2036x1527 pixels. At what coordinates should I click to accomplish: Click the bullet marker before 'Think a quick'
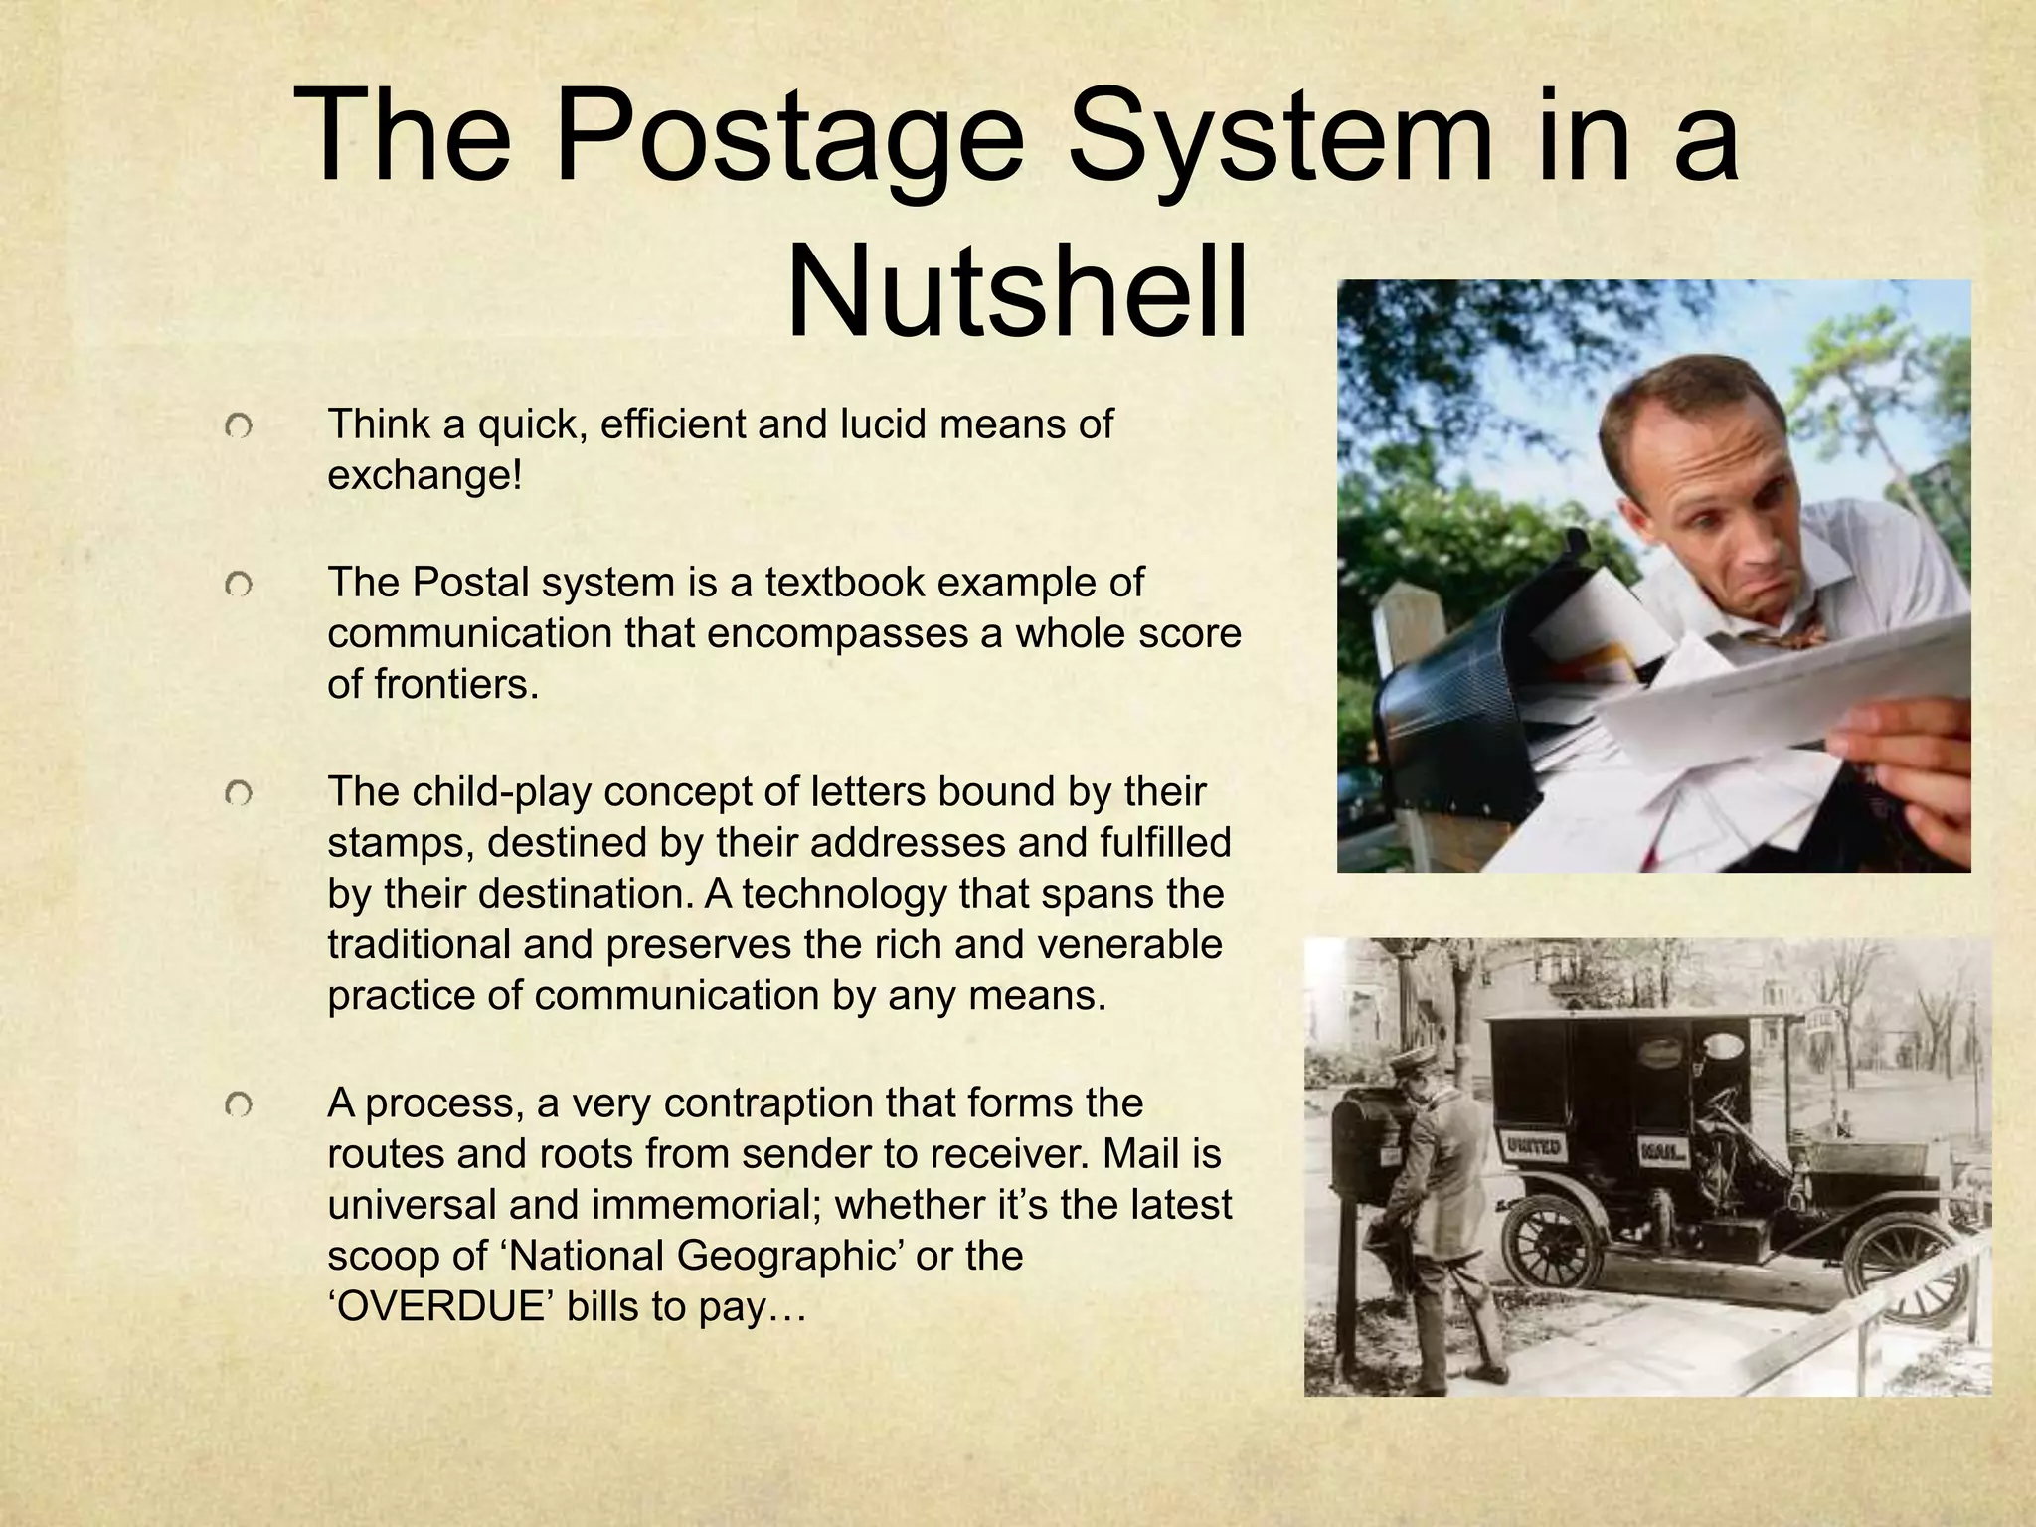point(239,427)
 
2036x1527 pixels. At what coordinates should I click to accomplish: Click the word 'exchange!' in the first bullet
point(424,475)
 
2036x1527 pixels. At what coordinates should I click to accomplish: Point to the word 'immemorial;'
point(707,1205)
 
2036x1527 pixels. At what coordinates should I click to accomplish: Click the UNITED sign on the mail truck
point(1532,1147)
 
